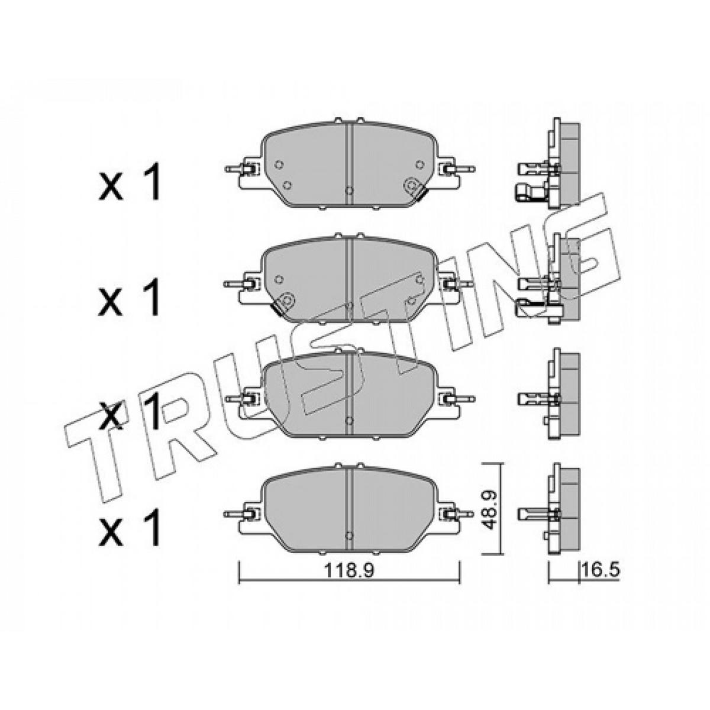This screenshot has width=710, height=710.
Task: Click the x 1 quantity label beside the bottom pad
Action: coord(130,526)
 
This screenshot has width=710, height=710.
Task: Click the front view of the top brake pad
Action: coord(349,163)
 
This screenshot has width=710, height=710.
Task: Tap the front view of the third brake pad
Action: coord(349,393)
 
